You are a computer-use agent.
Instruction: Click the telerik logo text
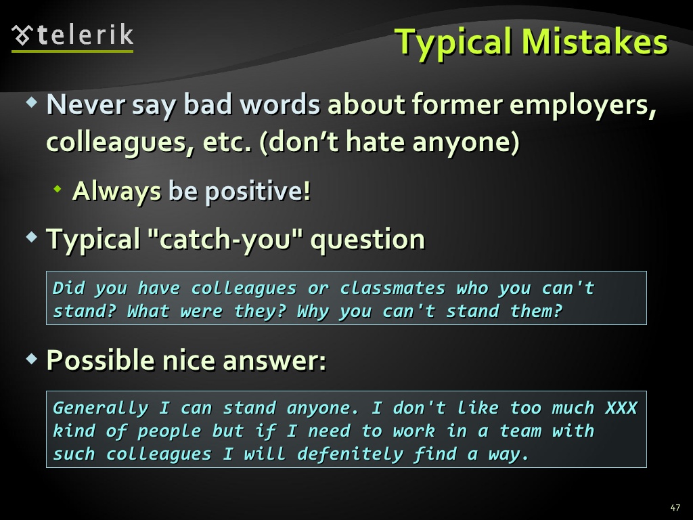85,35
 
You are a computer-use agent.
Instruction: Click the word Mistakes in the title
595,41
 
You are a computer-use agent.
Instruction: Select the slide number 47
675,508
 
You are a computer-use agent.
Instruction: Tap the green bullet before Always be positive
57,189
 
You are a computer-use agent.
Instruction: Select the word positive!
258,192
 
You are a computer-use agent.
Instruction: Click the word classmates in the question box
393,288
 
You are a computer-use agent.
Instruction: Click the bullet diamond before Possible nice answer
32,358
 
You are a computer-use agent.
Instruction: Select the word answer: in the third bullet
275,360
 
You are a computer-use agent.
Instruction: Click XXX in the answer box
621,408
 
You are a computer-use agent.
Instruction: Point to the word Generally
101,408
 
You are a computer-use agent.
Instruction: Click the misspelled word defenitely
350,454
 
